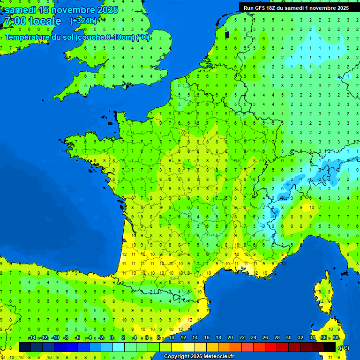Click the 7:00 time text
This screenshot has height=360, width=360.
[14, 21]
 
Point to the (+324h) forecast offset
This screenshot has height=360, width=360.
[83, 21]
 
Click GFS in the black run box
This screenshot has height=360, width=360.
[262, 8]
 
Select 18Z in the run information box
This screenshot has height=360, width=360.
[276, 8]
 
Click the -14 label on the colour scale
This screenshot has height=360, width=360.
[32, 338]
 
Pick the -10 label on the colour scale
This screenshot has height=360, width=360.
[55, 338]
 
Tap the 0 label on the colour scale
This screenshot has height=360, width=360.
[112, 338]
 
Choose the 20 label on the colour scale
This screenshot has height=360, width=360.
[230, 338]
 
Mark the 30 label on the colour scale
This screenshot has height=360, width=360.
[289, 338]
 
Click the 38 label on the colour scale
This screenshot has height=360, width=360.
[336, 338]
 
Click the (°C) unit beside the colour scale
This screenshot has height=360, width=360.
[344, 347]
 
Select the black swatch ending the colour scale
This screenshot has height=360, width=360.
[330, 347]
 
